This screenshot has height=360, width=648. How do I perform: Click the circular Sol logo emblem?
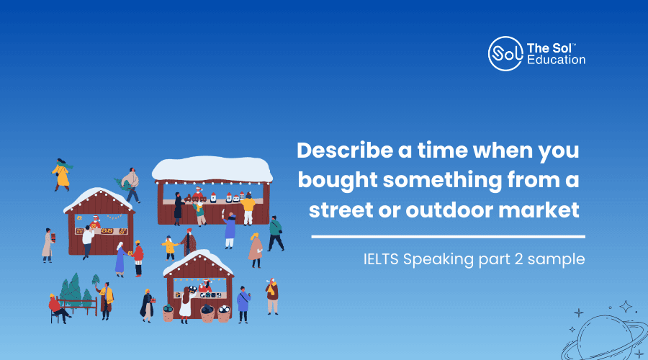coord(505,54)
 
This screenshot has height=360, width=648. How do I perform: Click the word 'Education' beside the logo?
coord(557,60)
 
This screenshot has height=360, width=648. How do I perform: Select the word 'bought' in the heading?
coord(338,181)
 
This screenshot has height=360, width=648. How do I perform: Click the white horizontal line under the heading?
coord(449,237)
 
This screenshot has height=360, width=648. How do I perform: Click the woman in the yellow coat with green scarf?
coord(62,175)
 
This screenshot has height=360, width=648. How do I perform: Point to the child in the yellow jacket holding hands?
coord(169,248)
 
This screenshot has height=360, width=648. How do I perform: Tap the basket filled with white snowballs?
coord(224,314)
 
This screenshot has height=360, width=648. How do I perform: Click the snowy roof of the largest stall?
coord(212,168)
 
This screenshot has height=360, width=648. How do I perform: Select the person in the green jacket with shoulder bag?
coord(275,233)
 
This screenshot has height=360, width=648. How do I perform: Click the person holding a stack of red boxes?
coord(48,246)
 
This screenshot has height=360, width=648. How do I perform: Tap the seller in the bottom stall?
coord(205,286)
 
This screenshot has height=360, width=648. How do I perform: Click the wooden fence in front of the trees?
coord(78,306)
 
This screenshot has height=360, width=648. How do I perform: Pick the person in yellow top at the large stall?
coord(248,209)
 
